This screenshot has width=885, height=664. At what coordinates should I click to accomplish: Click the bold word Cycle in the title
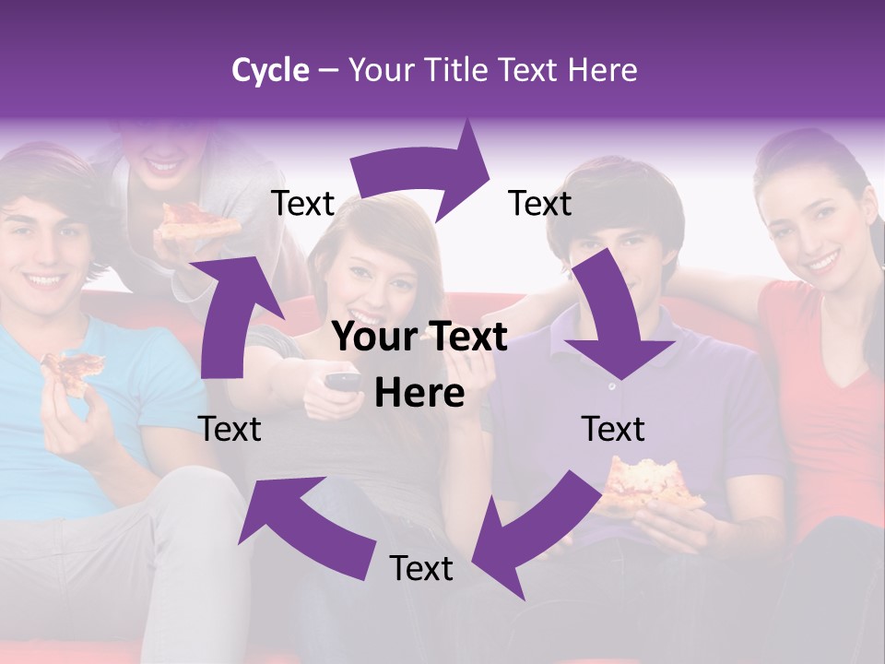point(270,70)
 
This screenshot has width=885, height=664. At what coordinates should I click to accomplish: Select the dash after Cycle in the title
point(328,71)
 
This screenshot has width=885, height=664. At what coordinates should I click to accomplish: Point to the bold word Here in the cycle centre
point(419,394)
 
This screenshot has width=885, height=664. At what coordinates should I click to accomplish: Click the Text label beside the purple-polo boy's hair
point(540,203)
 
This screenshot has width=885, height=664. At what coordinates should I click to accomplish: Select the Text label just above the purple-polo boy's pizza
point(613,429)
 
